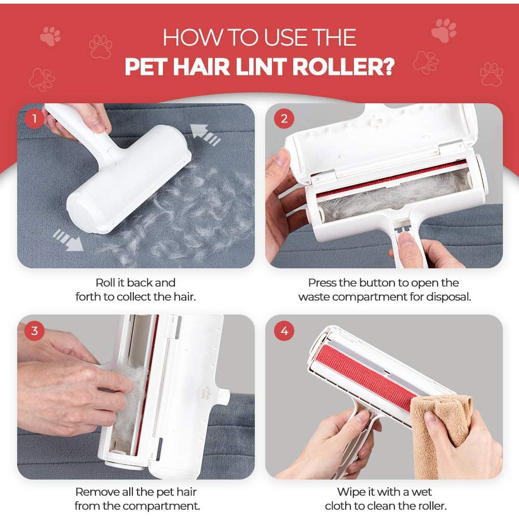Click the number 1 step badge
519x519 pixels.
(x=35, y=119)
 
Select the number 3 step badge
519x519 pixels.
(x=35, y=331)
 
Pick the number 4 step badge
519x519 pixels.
(x=284, y=331)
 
